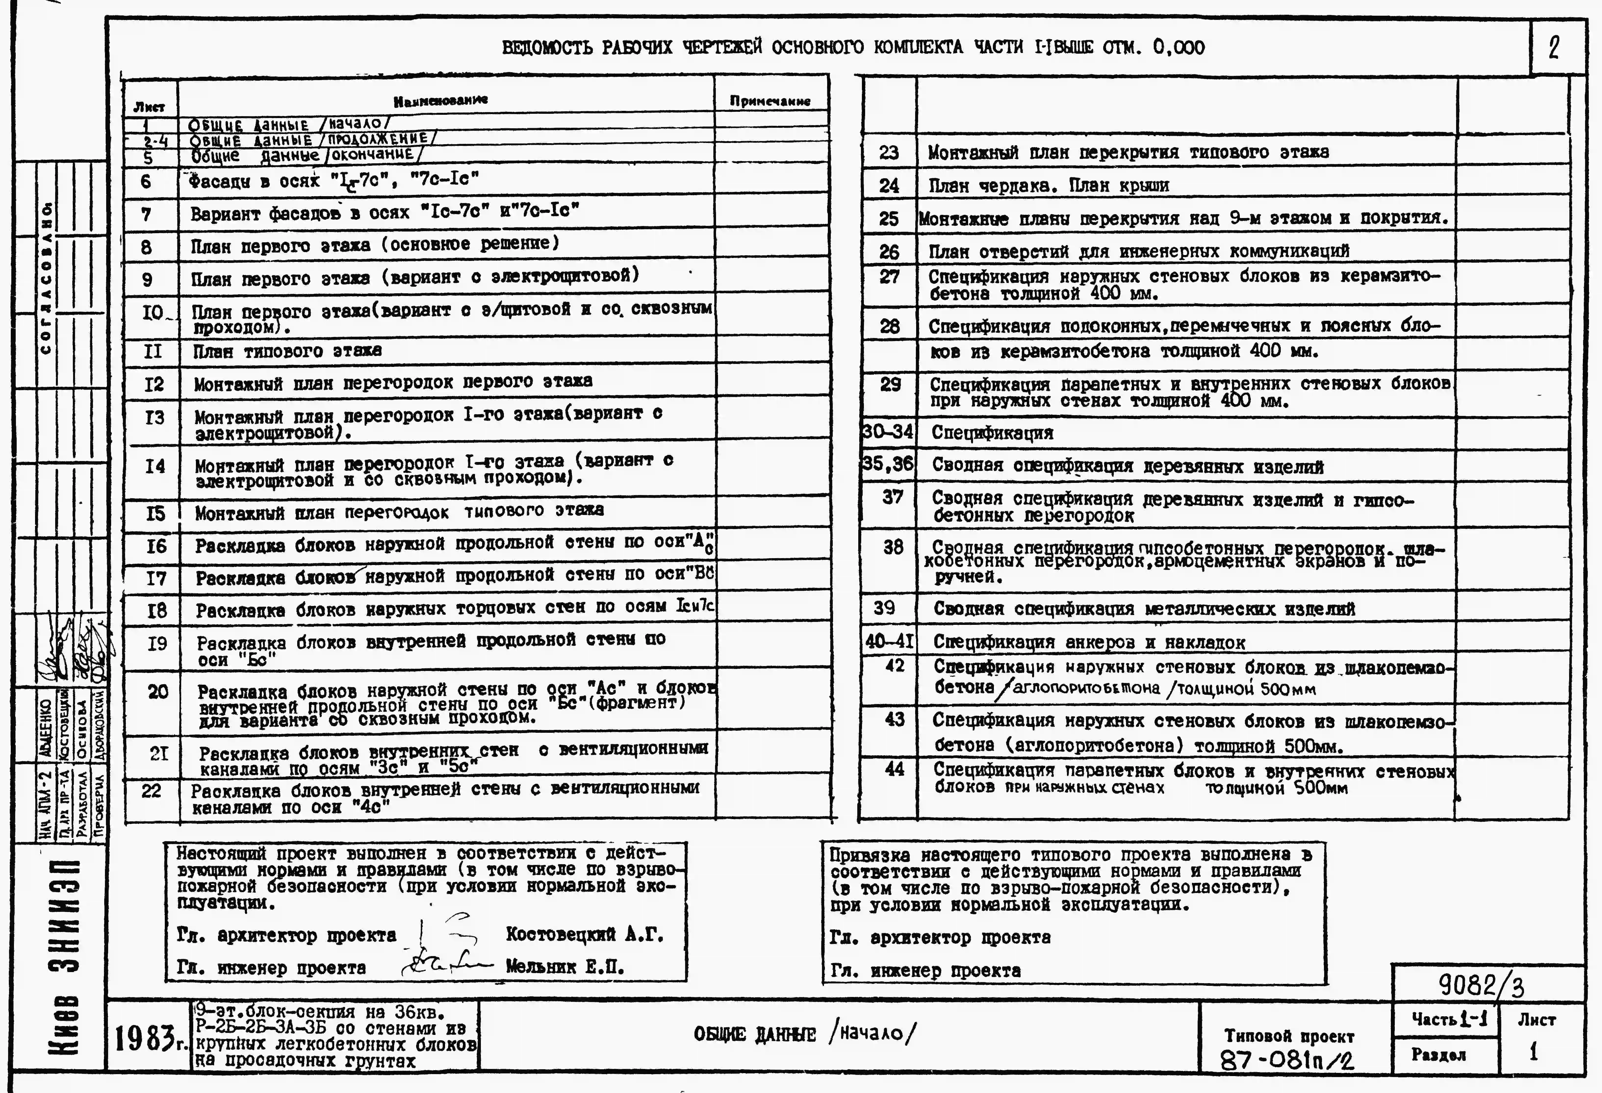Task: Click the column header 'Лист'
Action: click(149, 107)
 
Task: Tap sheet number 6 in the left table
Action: click(145, 181)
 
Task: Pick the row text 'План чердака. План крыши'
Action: click(1048, 185)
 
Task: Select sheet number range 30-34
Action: click(888, 432)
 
